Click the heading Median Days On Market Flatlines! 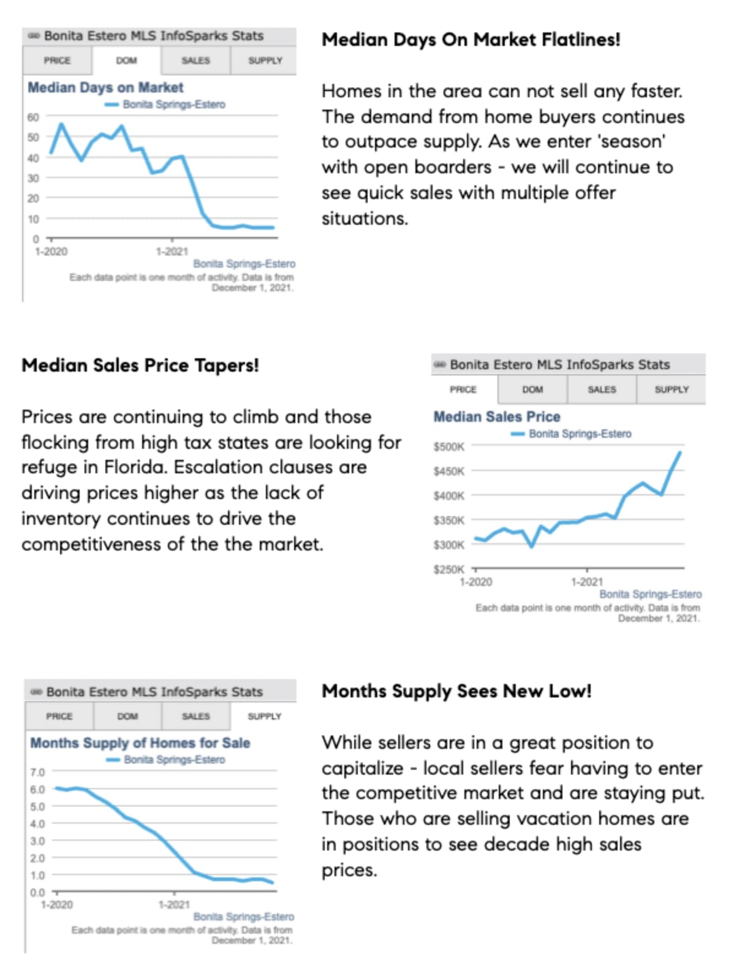pyautogui.click(x=471, y=40)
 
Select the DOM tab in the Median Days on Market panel pyautogui.click(x=127, y=61)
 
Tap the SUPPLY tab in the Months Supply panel pyautogui.click(x=264, y=716)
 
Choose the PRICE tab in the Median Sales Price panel pyautogui.click(x=463, y=389)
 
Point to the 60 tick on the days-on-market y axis pyautogui.click(x=32, y=117)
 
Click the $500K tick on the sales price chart pyautogui.click(x=448, y=447)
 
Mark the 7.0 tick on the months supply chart pyautogui.click(x=37, y=772)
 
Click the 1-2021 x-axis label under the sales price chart pyautogui.click(x=586, y=582)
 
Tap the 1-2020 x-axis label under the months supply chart pyautogui.click(x=56, y=904)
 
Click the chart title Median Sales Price pyautogui.click(x=497, y=417)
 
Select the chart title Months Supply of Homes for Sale pyautogui.click(x=140, y=743)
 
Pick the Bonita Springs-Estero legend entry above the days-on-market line pyautogui.click(x=173, y=105)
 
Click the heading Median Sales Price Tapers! pyautogui.click(x=140, y=366)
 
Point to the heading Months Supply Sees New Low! pyautogui.click(x=456, y=691)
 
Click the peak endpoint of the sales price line pyautogui.click(x=679, y=453)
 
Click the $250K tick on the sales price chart pyautogui.click(x=448, y=569)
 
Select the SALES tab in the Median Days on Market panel pyautogui.click(x=196, y=61)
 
